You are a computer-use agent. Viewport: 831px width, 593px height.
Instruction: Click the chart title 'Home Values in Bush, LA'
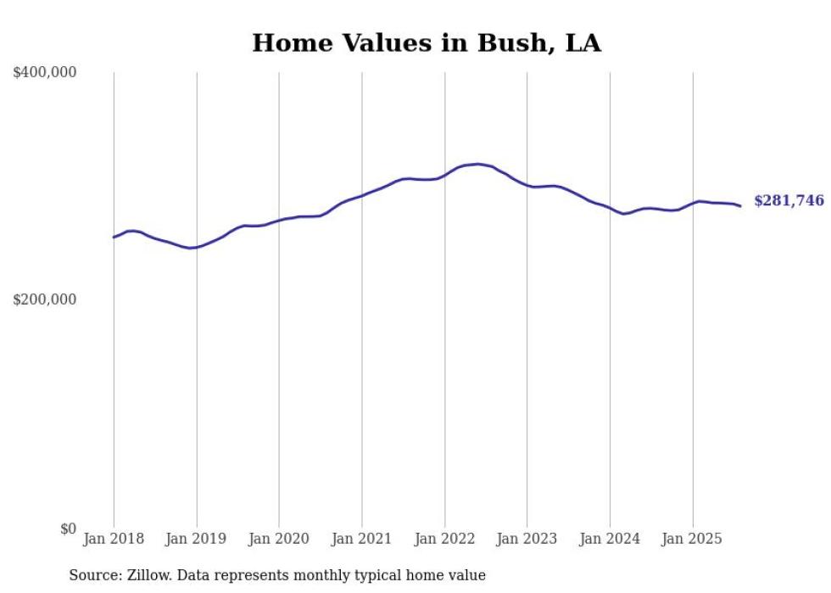coord(427,43)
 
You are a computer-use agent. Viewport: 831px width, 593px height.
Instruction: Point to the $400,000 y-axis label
coord(44,73)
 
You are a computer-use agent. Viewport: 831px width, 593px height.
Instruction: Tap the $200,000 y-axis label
coord(44,299)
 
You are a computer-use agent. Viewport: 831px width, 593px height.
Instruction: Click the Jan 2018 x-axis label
coord(114,539)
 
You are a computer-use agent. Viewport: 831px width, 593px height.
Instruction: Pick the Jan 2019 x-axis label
coord(197,539)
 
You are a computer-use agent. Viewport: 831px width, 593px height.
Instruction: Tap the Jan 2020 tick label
coord(279,539)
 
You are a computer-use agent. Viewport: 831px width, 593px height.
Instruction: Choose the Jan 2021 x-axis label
coord(362,539)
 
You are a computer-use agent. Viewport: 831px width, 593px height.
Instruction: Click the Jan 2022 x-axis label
coord(444,539)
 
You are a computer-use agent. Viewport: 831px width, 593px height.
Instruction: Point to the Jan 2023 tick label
coord(527,539)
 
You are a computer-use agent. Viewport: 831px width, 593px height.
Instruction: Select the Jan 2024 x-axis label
coord(610,539)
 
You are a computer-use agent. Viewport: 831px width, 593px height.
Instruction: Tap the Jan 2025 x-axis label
coord(692,539)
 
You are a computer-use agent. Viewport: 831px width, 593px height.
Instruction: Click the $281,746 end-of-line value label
coord(789,201)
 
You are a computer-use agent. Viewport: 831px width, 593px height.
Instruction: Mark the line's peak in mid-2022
coord(478,164)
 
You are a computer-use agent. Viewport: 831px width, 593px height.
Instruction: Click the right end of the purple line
coord(740,205)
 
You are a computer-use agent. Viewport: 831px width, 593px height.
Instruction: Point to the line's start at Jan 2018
coord(114,237)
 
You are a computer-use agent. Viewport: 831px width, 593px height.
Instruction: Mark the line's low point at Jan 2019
coord(192,248)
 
